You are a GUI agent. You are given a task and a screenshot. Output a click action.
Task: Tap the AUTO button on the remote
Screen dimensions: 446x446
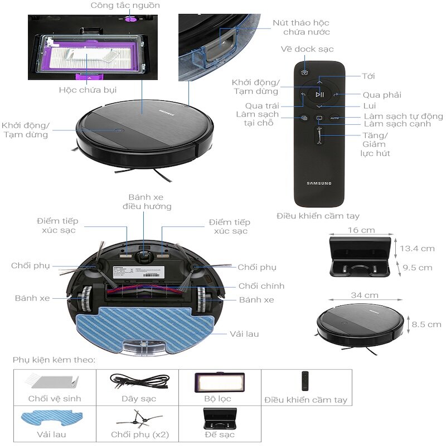[334, 118]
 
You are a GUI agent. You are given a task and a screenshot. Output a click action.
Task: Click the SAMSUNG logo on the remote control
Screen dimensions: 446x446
[319, 183]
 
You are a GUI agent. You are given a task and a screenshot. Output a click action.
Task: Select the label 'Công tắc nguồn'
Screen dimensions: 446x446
[125, 6]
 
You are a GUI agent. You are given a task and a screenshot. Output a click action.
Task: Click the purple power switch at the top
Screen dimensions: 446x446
[131, 19]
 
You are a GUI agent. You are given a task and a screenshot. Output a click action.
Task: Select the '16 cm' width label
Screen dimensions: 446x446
[361, 230]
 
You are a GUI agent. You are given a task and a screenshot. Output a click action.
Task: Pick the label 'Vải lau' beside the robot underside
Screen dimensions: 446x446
[244, 334]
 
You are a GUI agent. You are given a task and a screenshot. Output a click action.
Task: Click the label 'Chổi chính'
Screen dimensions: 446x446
[261, 286]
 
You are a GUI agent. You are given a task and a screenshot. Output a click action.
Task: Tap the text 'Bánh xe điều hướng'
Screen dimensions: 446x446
[146, 202]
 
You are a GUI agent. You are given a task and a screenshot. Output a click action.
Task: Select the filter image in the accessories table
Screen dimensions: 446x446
[220, 383]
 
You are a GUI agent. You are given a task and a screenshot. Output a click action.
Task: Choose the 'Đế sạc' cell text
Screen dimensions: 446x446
[219, 434]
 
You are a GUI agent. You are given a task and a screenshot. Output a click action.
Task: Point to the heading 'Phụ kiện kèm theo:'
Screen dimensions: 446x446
[54, 360]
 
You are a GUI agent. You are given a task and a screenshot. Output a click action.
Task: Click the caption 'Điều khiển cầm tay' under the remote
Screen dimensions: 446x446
[318, 216]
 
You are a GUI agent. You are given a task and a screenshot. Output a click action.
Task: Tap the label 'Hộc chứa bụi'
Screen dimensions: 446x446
[88, 90]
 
